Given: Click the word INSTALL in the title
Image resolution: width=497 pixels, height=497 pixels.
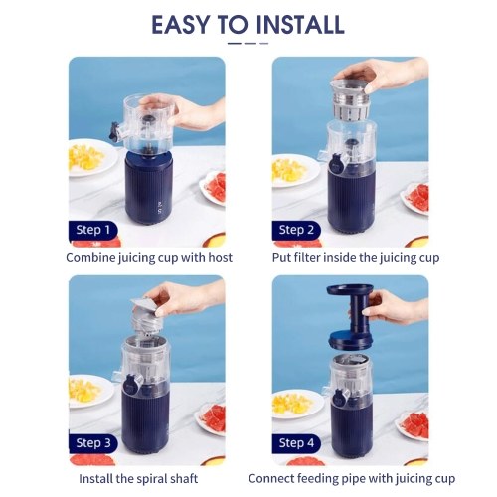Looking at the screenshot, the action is pyautogui.click(x=300, y=25).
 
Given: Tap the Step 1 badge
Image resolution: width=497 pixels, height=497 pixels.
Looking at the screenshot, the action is pyautogui.click(x=92, y=230).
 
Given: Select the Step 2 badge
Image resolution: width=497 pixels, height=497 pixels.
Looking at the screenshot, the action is pyautogui.click(x=296, y=230).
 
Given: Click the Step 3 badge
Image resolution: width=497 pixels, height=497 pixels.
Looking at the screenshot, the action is pyautogui.click(x=93, y=443).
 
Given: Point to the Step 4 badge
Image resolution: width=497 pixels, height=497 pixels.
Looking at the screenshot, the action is pyautogui.click(x=296, y=443).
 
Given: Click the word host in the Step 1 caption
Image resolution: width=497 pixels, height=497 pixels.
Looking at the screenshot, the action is pyautogui.click(x=220, y=258).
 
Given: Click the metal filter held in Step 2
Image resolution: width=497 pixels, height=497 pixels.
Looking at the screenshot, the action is pyautogui.click(x=350, y=99).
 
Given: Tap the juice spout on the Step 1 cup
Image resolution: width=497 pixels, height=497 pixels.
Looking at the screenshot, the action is pyautogui.click(x=115, y=131).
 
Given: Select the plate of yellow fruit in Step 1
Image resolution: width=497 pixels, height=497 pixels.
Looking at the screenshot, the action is pyautogui.click(x=91, y=158).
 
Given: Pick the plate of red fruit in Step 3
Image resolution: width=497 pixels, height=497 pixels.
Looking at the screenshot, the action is pyautogui.click(x=210, y=417).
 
